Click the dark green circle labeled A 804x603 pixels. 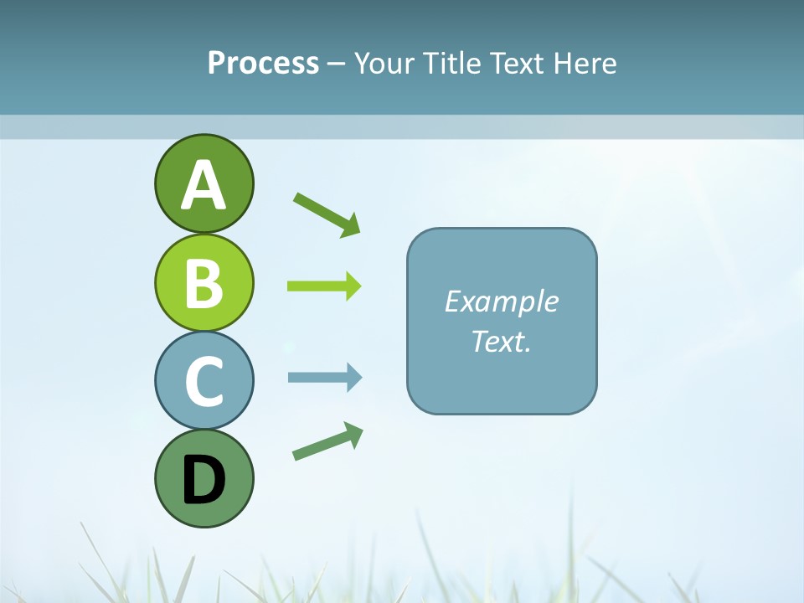204,183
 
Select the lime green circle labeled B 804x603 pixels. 204,282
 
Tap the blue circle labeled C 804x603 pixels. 204,380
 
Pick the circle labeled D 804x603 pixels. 204,478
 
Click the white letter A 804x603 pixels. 204,185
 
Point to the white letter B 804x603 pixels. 204,283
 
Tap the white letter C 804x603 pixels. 204,381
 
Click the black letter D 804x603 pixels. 204,480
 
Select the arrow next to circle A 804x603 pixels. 327,214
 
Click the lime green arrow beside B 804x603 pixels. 323,286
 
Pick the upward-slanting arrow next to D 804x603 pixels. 327,441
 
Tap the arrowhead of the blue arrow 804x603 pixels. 354,378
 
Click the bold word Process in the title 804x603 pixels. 263,63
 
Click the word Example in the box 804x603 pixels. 501,301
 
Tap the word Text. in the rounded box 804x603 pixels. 501,341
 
